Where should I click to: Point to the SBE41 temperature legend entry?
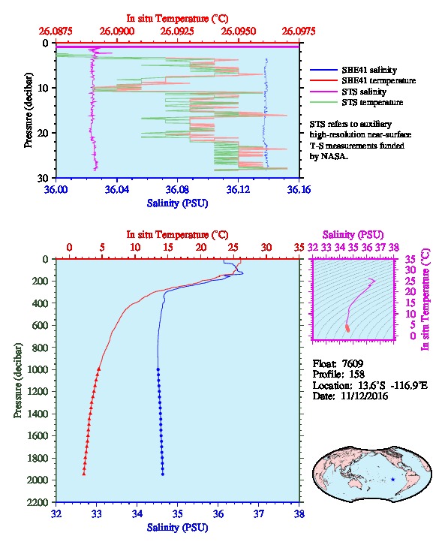click(x=362, y=80)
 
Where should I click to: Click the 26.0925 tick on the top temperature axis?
click(x=177, y=32)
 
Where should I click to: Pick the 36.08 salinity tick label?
click(x=177, y=189)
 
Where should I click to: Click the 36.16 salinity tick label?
click(x=299, y=189)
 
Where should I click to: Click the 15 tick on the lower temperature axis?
click(x=168, y=248)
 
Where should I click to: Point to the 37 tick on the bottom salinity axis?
click(x=258, y=513)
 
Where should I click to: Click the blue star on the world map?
click(x=393, y=479)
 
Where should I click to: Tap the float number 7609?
click(x=353, y=363)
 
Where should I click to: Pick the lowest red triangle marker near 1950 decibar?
click(x=84, y=474)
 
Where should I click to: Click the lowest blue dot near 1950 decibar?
click(x=163, y=474)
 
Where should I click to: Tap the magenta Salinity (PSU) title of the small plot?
click(x=353, y=235)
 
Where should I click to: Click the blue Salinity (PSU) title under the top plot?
click(x=177, y=203)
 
